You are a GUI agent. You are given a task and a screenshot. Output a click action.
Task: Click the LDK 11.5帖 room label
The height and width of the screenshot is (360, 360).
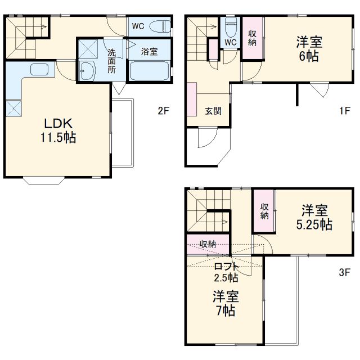pyautogui.click(x=58, y=130)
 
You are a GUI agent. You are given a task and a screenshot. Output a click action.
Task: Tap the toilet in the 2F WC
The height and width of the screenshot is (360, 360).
pyautogui.click(x=160, y=26)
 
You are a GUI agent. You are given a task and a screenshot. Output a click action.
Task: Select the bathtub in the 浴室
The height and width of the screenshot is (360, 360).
pyautogui.click(x=150, y=70)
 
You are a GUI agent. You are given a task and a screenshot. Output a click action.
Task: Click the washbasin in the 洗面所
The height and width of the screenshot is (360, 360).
pyautogui.click(x=88, y=71)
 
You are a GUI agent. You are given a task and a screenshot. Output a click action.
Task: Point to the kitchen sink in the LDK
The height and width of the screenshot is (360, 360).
pyautogui.click(x=39, y=69)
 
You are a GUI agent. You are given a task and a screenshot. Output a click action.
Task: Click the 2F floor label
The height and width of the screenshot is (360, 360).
pyautogui.click(x=163, y=111)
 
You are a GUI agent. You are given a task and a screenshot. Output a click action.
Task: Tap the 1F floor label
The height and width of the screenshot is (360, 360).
pyautogui.click(x=345, y=111)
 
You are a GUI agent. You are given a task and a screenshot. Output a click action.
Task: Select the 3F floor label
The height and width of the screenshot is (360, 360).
pyautogui.click(x=344, y=272)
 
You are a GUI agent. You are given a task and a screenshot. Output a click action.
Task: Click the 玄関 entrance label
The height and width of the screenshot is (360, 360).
pyautogui.click(x=213, y=111)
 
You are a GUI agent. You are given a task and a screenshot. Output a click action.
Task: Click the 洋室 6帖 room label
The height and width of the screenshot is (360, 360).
pyautogui.click(x=309, y=49)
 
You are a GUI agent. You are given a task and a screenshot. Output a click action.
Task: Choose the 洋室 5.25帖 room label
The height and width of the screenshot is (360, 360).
pyautogui.click(x=314, y=217)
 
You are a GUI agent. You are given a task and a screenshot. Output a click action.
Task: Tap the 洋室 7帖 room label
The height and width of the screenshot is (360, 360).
pyautogui.click(x=226, y=304)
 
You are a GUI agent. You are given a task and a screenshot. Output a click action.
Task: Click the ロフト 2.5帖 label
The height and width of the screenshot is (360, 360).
pyautogui.click(x=226, y=272)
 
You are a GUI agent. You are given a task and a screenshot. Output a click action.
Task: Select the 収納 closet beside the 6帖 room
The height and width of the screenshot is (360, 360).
pyautogui.click(x=253, y=38)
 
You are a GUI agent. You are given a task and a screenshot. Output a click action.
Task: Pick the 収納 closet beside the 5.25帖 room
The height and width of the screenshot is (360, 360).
pyautogui.click(x=264, y=211)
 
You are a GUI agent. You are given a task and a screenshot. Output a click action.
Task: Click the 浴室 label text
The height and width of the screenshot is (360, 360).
pyautogui.click(x=149, y=51)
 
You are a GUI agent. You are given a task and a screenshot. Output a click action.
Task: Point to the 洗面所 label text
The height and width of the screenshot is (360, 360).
pyautogui.click(x=112, y=61)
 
